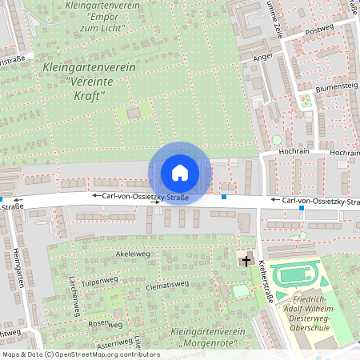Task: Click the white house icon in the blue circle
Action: coord(179,173)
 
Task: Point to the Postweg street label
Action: coord(320,29)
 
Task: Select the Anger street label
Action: coord(262,58)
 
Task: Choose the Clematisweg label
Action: coord(166,284)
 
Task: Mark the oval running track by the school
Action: coord(296,276)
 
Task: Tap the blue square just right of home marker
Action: coord(224,197)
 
